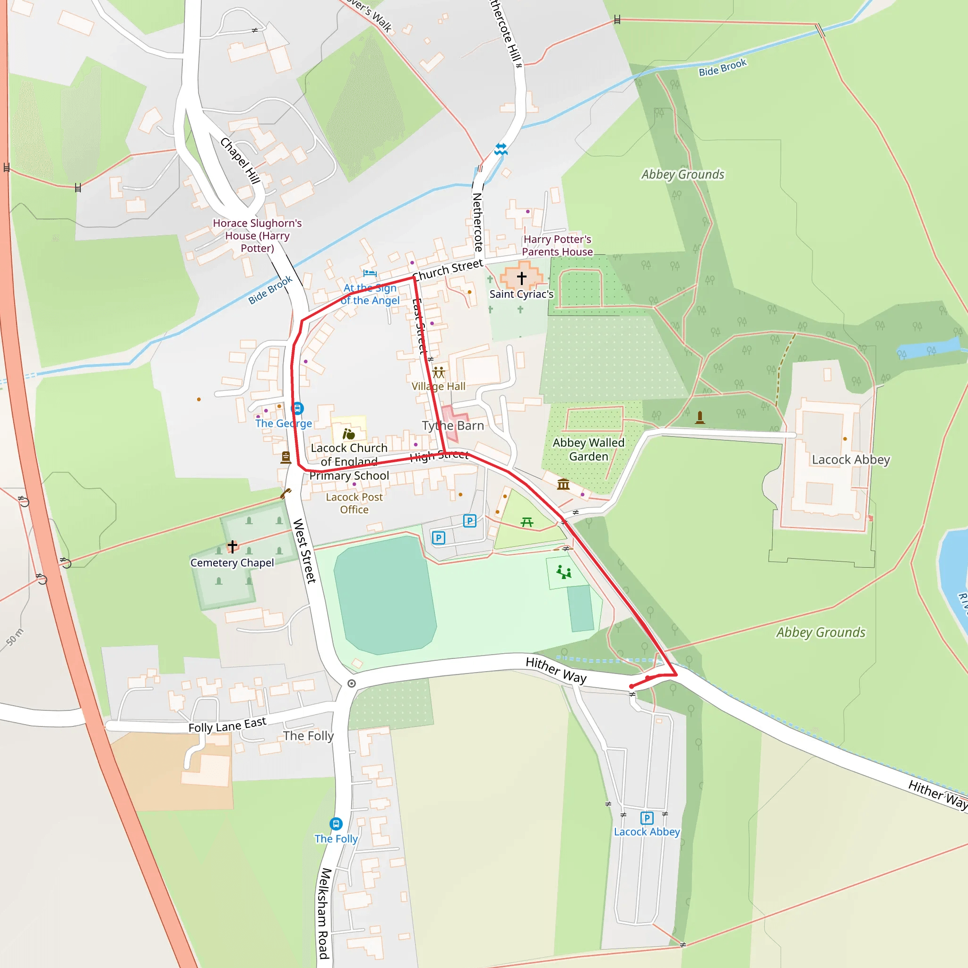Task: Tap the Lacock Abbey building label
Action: [851, 459]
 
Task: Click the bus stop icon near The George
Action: [298, 408]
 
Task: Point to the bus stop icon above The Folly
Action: [336, 824]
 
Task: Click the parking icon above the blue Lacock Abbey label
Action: [647, 818]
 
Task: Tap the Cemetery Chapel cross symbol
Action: [233, 546]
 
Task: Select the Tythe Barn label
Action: [453, 426]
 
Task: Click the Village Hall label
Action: [439, 386]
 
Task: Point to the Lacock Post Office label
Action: [354, 503]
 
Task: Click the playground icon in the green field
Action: [564, 572]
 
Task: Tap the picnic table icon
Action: [527, 522]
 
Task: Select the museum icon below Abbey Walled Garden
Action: [563, 484]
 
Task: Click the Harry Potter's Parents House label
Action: [557, 245]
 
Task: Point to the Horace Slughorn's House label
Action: [257, 235]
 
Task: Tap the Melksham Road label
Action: [324, 913]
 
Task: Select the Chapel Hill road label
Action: [241, 160]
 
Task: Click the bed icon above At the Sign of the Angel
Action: [370, 273]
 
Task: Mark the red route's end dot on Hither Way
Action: [631, 686]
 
